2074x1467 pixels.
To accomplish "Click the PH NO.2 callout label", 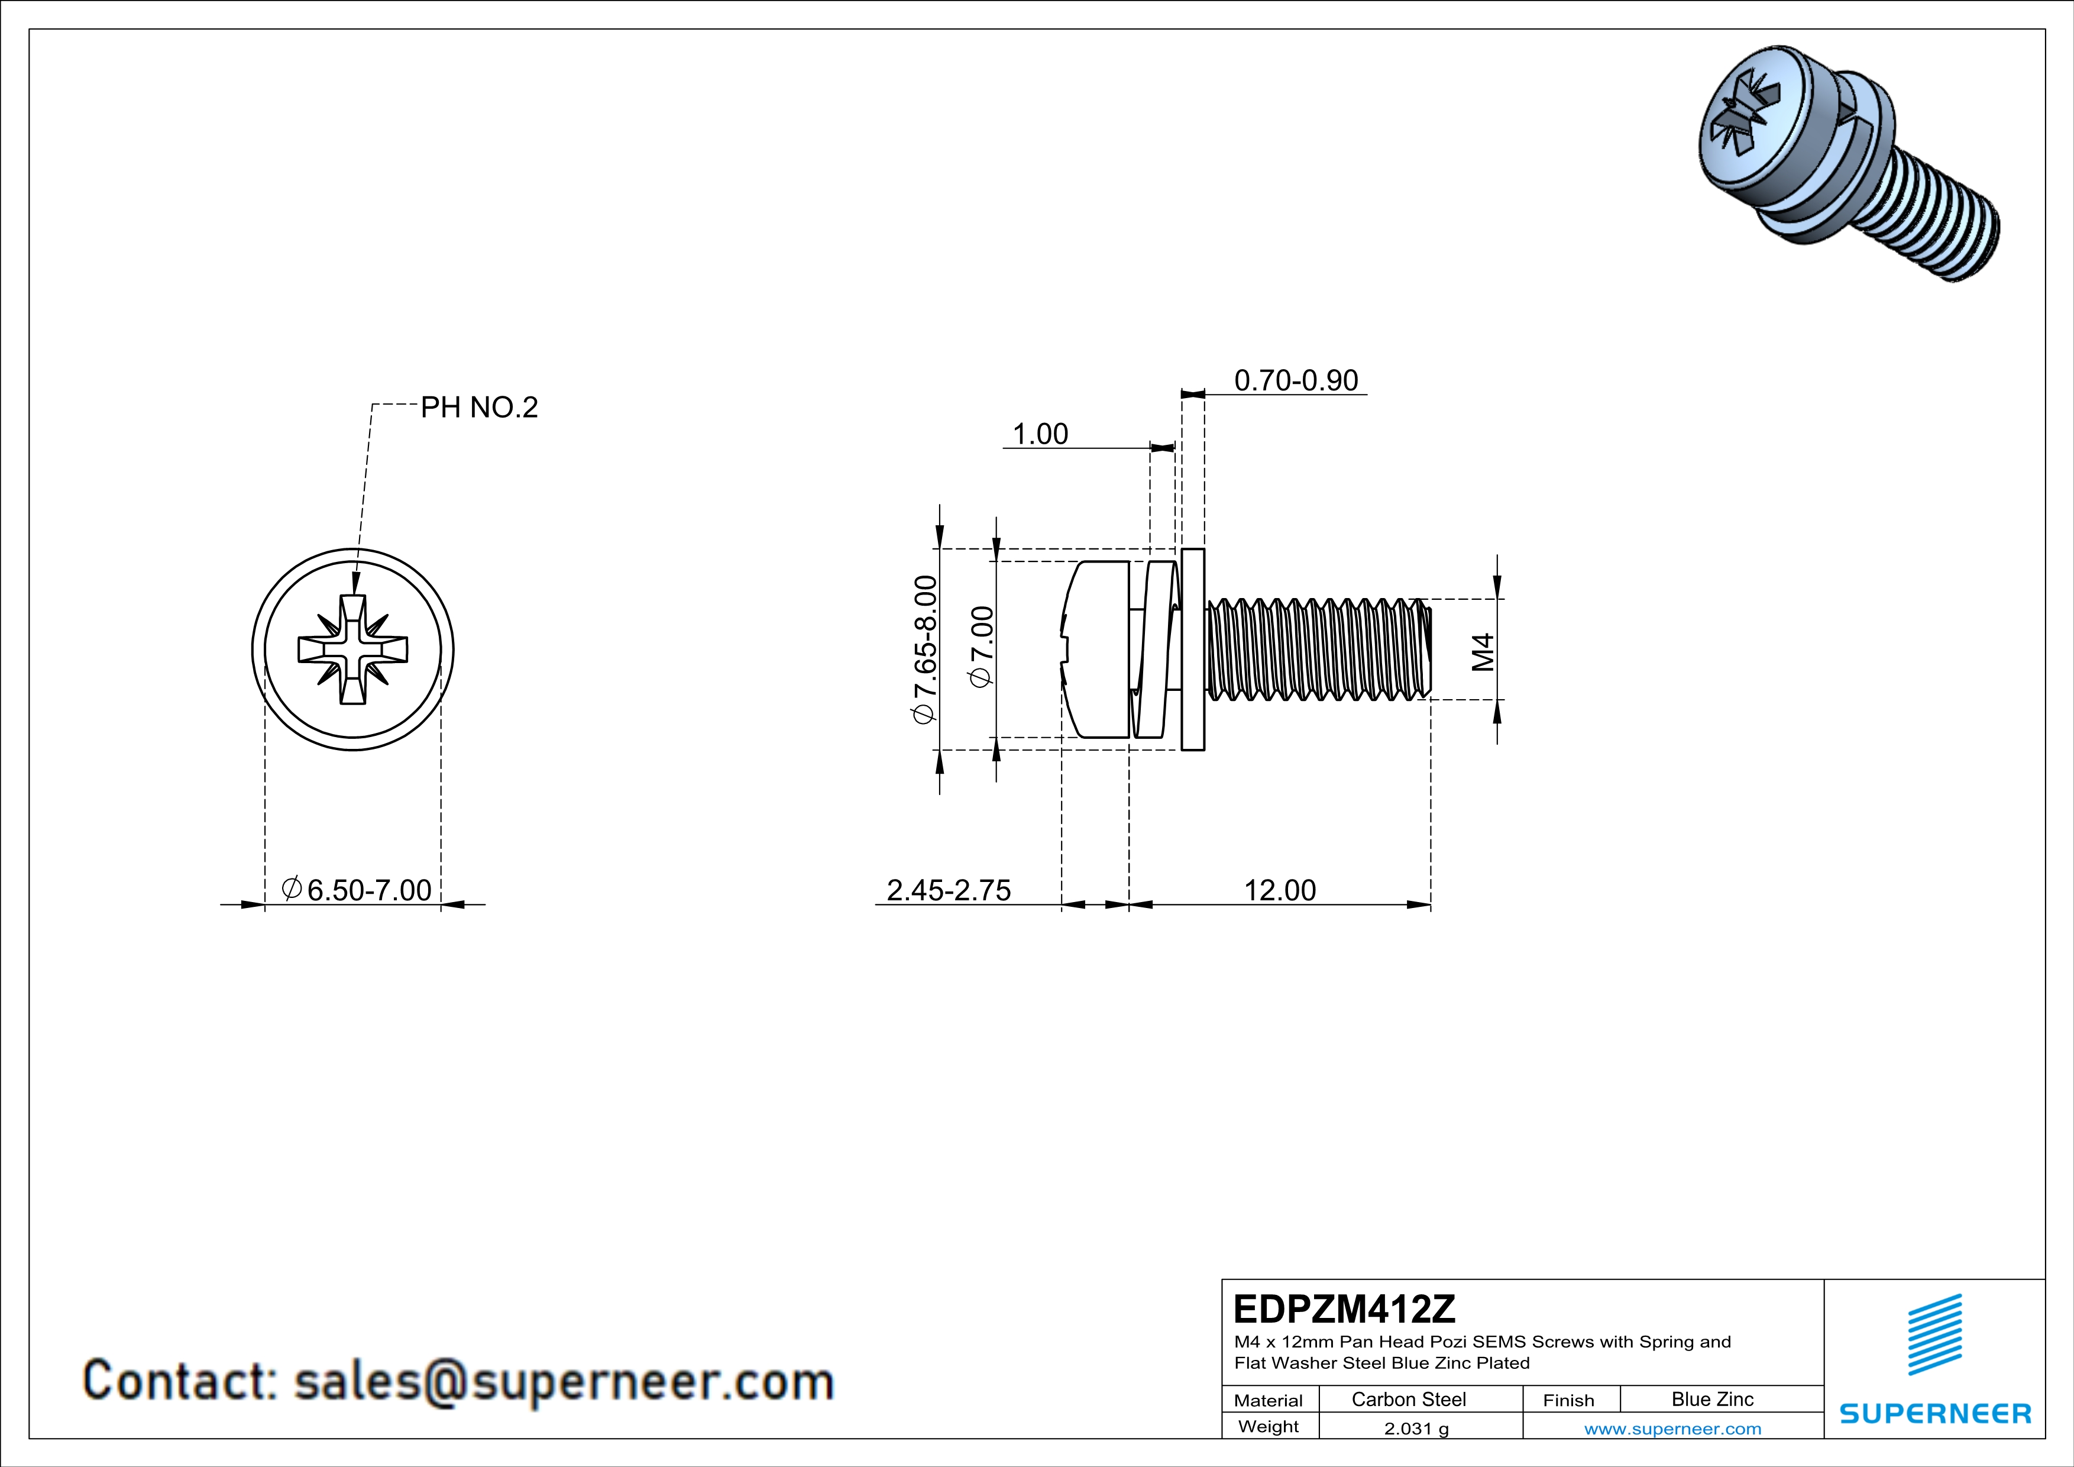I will tap(479, 408).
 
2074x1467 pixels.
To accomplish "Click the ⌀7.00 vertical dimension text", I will tap(982, 647).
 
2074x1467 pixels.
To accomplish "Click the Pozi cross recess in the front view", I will tap(353, 650).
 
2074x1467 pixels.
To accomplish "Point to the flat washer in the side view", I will tap(1192, 648).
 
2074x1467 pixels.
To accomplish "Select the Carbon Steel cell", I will tap(1408, 1399).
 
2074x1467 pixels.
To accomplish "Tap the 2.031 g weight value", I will tap(1415, 1428).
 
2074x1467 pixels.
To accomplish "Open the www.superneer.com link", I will tap(1672, 1428).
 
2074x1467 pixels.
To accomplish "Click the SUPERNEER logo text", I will tap(1935, 1414).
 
